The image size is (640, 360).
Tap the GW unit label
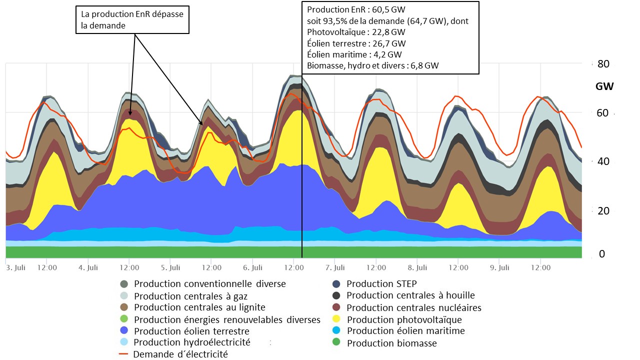click(x=604, y=86)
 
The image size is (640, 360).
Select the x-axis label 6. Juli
click(x=253, y=268)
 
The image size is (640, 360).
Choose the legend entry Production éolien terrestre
click(x=191, y=331)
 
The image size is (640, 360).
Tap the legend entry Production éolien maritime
click(x=405, y=330)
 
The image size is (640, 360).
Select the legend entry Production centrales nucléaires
click(x=413, y=307)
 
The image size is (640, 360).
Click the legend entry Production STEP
click(x=381, y=283)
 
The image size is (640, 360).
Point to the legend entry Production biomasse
click(x=391, y=343)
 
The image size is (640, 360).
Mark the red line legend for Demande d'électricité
click(x=125, y=354)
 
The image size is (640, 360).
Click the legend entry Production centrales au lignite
click(x=199, y=307)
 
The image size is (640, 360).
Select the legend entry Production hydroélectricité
click(x=192, y=342)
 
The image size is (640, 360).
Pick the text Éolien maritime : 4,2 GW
click(x=354, y=54)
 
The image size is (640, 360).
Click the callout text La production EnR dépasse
click(x=132, y=14)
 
